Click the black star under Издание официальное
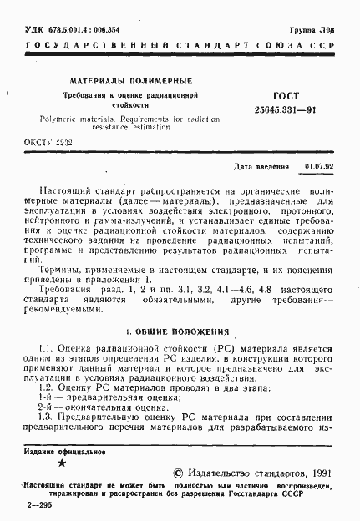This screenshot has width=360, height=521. coord(60,462)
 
